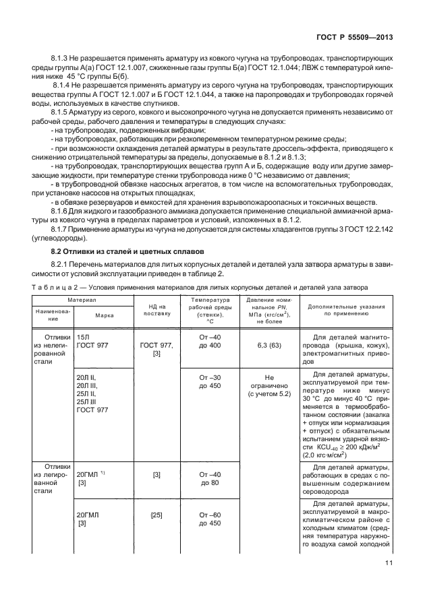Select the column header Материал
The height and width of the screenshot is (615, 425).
click(81, 299)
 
